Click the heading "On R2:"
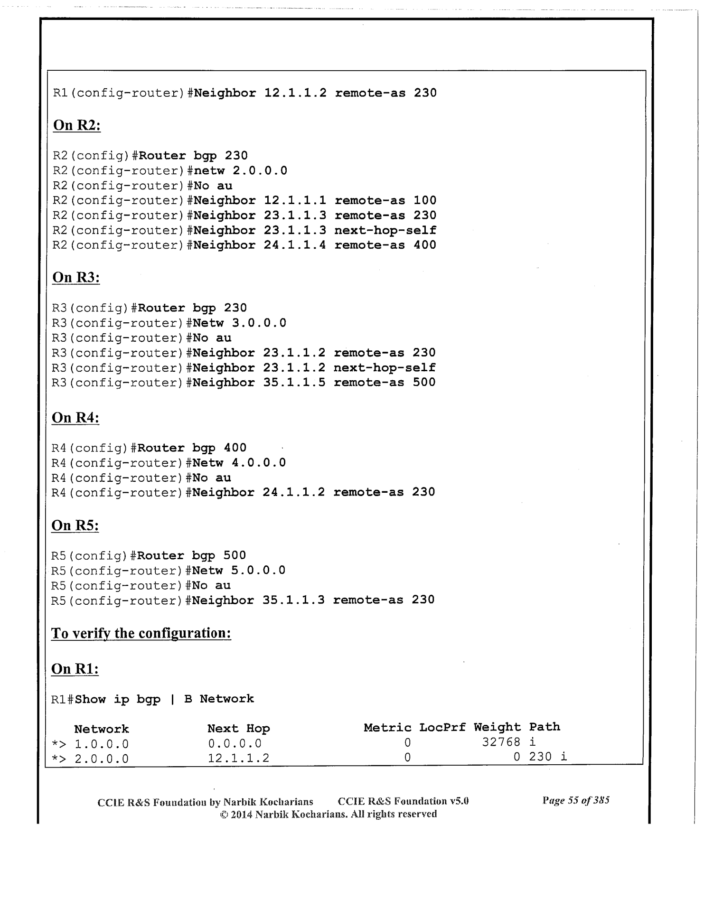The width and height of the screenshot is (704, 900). tap(76, 125)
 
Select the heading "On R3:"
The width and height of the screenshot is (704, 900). tap(75, 277)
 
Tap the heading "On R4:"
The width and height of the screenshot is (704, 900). tap(75, 418)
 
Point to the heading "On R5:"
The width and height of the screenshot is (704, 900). tap(75, 525)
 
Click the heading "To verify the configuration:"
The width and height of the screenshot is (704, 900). tap(141, 633)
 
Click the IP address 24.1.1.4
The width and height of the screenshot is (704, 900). tap(294, 245)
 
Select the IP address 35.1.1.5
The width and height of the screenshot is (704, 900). tap(294, 383)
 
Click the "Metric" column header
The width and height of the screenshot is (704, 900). tap(387, 728)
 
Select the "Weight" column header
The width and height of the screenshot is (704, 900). tap(497, 727)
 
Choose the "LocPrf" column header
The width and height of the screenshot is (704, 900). tap(442, 728)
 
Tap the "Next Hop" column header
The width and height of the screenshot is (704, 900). tap(238, 729)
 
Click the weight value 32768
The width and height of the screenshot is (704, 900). tap(501, 742)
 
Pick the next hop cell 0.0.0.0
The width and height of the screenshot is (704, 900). tap(235, 743)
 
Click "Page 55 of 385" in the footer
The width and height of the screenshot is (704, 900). tap(576, 801)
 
